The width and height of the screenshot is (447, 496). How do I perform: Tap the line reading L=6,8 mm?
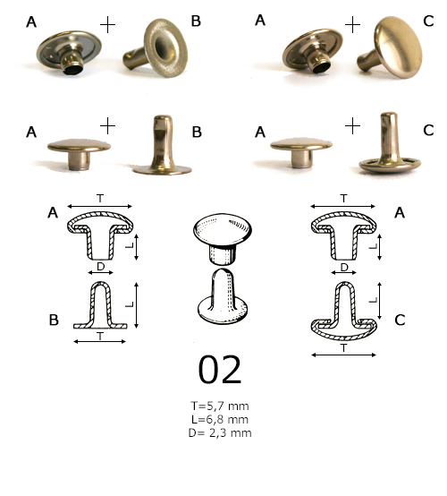click(x=220, y=420)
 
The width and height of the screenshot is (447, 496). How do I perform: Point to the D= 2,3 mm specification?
click(x=220, y=432)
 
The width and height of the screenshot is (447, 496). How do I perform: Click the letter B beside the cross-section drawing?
click(x=55, y=320)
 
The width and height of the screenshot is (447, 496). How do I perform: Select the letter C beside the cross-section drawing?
click(x=399, y=320)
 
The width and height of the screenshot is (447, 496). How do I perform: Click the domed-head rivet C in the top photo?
click(x=394, y=47)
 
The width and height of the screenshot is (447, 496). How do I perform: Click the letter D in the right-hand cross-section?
click(x=345, y=267)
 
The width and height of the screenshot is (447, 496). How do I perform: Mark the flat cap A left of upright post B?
click(x=79, y=150)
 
